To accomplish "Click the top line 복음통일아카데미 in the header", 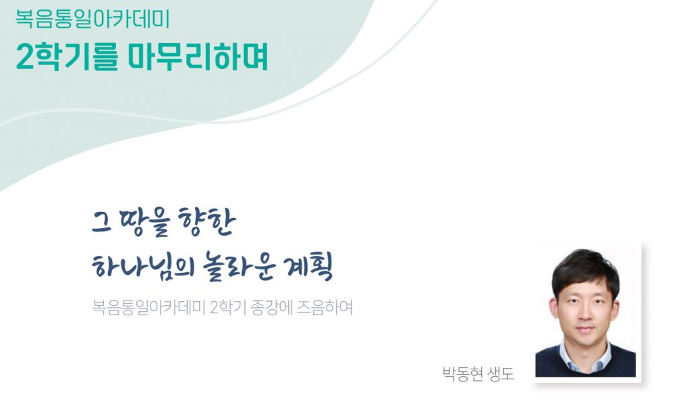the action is pyautogui.click(x=92, y=19).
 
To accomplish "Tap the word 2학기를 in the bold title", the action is pyautogui.click(x=67, y=58).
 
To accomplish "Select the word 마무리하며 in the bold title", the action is pyautogui.click(x=198, y=58).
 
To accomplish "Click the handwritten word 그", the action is pyautogui.click(x=101, y=223).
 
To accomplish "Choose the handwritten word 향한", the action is pyautogui.click(x=206, y=222).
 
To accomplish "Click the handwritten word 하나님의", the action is pyautogui.click(x=144, y=267).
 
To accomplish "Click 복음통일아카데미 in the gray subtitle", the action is pyautogui.click(x=148, y=307).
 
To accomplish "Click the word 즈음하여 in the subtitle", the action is pyautogui.click(x=325, y=307).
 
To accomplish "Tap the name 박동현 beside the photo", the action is pyautogui.click(x=463, y=374).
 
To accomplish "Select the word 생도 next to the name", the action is pyautogui.click(x=501, y=374).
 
